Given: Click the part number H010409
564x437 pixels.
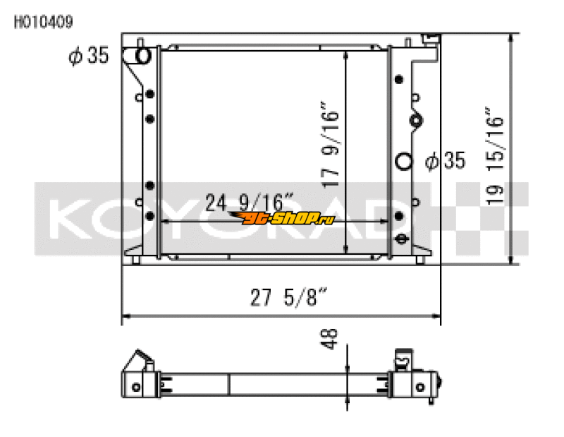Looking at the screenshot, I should (42, 22).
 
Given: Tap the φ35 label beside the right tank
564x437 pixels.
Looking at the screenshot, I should (446, 161).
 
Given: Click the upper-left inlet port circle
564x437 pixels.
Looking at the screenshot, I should (142, 55).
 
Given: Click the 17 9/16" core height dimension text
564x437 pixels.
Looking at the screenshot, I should (331, 147).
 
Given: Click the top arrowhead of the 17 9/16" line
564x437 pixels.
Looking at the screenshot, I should (345, 54).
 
